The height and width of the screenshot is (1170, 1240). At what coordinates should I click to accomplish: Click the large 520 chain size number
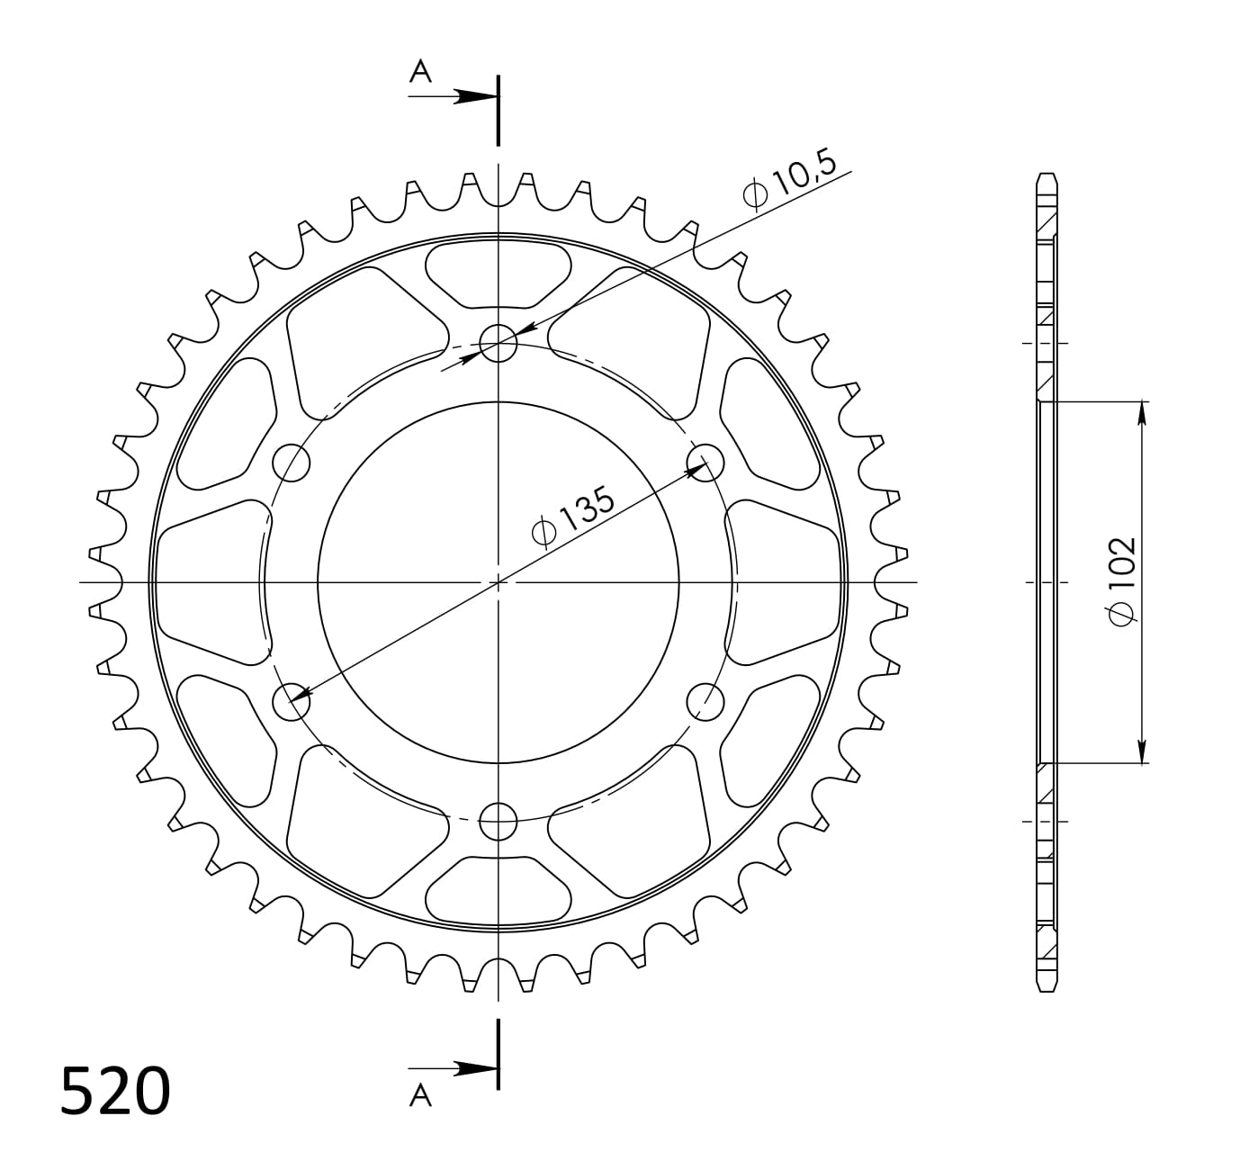pos(115,1092)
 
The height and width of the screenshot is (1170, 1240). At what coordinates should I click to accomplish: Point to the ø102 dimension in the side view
pos(1122,580)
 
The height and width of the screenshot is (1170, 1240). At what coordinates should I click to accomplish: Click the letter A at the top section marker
pos(420,72)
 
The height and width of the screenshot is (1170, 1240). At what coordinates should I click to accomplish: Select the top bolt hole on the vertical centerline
pos(498,342)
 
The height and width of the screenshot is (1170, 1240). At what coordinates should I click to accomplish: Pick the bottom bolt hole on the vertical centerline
pos(498,821)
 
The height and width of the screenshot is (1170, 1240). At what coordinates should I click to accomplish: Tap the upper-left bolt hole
pos(291,463)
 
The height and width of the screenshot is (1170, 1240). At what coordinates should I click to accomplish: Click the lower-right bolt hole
pos(705,700)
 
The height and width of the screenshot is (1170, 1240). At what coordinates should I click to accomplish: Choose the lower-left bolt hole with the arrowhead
pos(291,701)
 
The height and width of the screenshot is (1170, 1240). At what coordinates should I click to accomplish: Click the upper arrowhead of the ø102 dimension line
pos(1142,412)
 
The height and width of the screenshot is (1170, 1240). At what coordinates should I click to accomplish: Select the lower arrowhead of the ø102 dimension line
pos(1142,751)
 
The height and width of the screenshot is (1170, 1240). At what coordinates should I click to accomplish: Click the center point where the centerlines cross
pos(498,582)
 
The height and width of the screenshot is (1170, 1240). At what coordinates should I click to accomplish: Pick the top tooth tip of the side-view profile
pos(1046,175)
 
